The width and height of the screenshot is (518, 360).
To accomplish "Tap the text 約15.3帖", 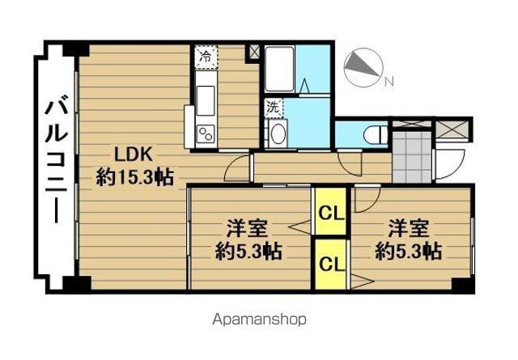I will (x=134, y=177).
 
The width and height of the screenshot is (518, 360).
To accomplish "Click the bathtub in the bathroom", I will (x=279, y=70).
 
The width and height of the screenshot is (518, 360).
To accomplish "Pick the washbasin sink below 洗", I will (x=277, y=133).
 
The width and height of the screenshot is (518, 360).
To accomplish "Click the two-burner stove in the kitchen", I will (x=204, y=134).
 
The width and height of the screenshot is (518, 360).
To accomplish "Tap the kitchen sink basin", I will (x=205, y=100).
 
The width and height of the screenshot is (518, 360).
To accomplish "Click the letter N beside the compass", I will (x=388, y=81).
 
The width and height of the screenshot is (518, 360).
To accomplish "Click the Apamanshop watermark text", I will (x=258, y=319).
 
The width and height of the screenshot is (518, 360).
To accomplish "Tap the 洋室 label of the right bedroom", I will (x=407, y=227).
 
